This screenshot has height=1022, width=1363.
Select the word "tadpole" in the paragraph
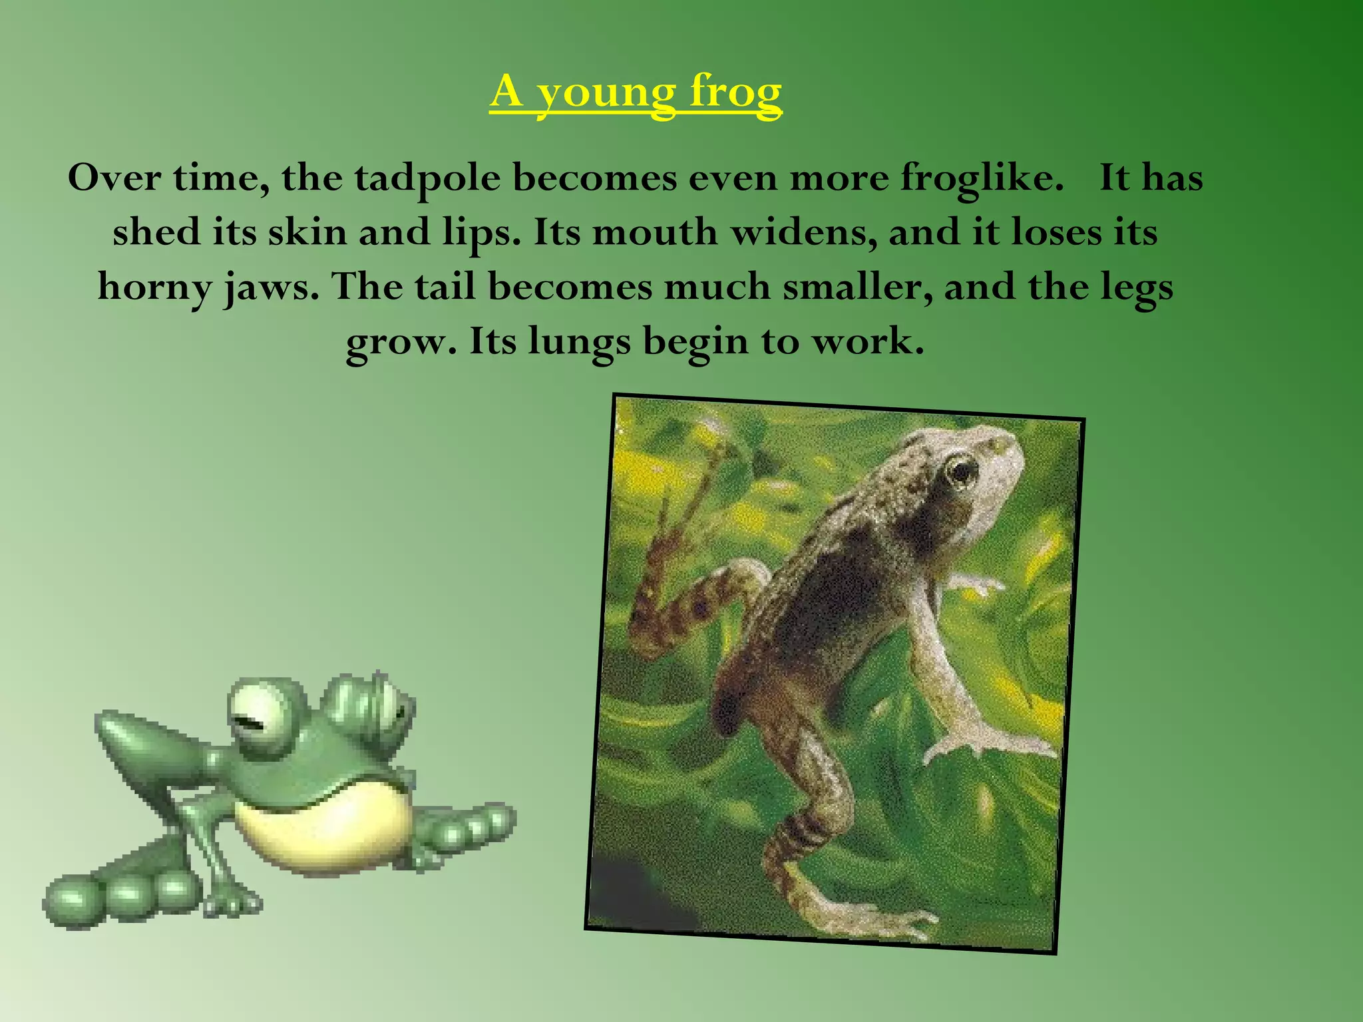427,178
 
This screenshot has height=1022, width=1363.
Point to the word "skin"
307,233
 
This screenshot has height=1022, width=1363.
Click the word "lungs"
579,343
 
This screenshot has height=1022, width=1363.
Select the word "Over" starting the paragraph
114,178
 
